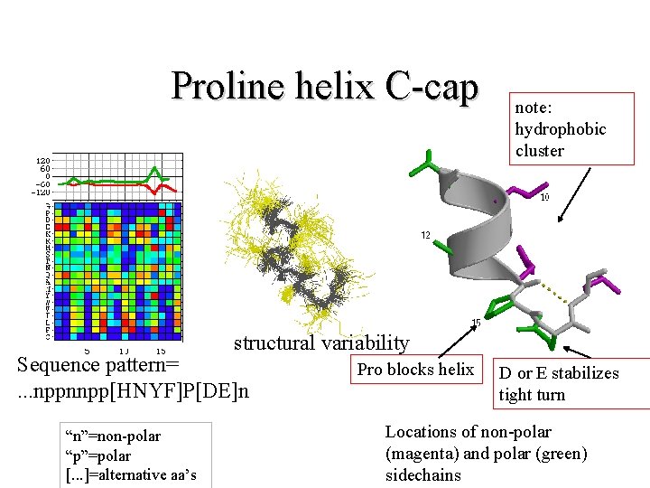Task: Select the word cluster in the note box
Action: (539, 150)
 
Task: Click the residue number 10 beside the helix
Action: (544, 198)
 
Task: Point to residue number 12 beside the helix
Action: (422, 235)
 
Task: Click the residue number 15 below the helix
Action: (475, 323)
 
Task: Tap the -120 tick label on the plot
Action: (41, 192)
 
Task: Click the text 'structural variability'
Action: (321, 343)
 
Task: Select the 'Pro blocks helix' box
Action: (415, 369)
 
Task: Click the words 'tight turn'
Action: (532, 395)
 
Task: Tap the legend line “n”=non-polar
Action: (112, 436)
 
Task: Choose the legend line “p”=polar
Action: (97, 455)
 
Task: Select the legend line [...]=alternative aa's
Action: (130, 474)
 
